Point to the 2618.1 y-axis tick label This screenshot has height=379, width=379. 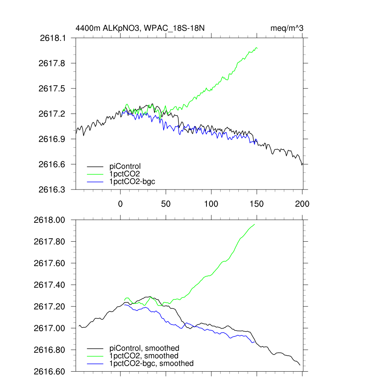(55, 38)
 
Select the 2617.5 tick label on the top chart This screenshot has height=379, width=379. (55, 88)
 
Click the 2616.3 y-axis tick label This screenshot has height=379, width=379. (55, 189)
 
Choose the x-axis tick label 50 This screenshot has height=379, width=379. (166, 204)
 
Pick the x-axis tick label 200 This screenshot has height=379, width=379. (302, 204)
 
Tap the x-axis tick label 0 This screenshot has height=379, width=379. (121, 204)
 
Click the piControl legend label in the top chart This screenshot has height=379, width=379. (125, 166)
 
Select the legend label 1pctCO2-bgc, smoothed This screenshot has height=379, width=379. (151, 363)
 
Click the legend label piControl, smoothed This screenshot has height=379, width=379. (144, 348)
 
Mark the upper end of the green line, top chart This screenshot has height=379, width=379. (256, 48)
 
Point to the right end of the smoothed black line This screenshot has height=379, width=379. (300, 365)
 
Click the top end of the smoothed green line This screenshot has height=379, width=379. (254, 224)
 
